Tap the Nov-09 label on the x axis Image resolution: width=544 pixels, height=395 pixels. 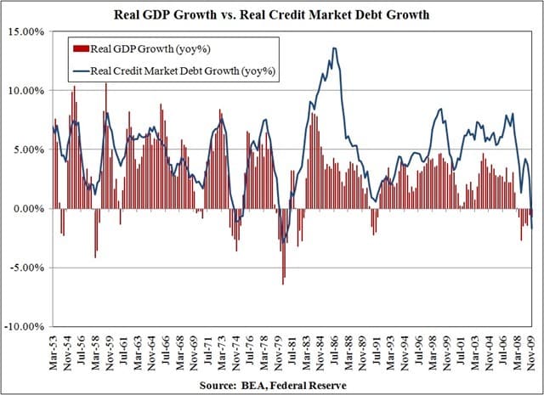(x=531, y=347)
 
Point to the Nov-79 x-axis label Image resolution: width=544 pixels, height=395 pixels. (x=280, y=347)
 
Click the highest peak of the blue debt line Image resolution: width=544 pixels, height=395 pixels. (x=334, y=48)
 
